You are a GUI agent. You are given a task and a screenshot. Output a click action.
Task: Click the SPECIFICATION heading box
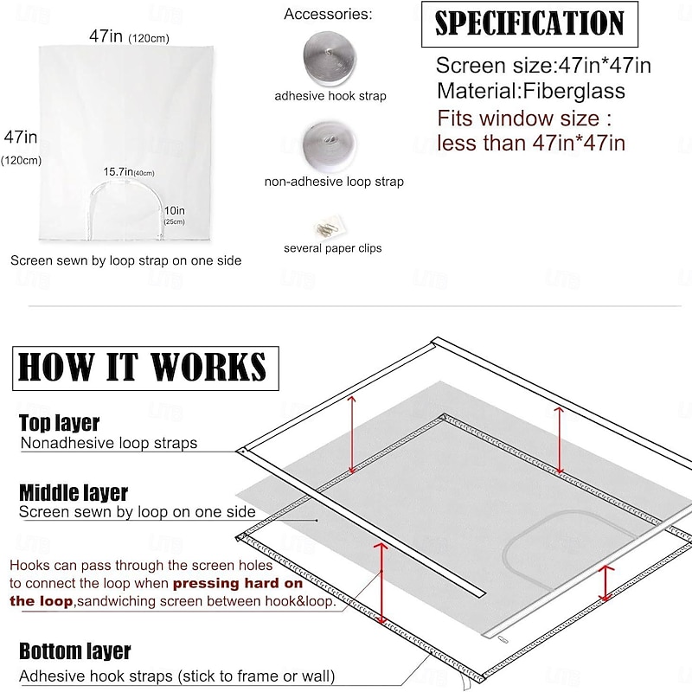[x=529, y=24]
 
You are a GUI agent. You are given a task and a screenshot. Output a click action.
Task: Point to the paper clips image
[x=330, y=227]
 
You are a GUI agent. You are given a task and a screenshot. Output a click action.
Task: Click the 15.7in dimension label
[x=129, y=171]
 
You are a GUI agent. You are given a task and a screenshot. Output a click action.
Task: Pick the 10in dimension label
[x=175, y=215]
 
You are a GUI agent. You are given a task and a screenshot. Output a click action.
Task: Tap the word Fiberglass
[x=573, y=91]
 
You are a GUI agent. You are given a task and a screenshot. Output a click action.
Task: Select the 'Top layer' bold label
[x=59, y=423]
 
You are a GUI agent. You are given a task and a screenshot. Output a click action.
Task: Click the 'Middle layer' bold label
[x=74, y=492]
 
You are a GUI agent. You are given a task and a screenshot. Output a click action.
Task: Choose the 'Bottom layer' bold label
[x=75, y=651]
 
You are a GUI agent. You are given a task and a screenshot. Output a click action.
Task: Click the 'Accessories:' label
[x=328, y=14]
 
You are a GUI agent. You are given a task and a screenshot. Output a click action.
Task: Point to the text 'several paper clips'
[x=333, y=248]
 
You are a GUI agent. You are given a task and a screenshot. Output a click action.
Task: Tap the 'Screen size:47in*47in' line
[x=543, y=66]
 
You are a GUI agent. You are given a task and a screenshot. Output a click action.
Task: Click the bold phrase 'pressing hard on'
[x=238, y=583]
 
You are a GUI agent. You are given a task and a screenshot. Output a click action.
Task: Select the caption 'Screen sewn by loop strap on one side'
[x=125, y=260]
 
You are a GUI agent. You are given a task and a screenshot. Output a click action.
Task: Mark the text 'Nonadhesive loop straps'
[x=109, y=443]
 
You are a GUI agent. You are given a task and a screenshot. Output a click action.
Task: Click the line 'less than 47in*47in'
[x=531, y=143]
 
